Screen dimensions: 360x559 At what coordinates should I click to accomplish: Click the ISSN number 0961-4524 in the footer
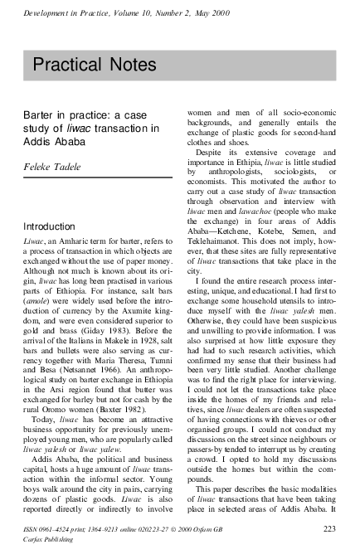tap(55, 528)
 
